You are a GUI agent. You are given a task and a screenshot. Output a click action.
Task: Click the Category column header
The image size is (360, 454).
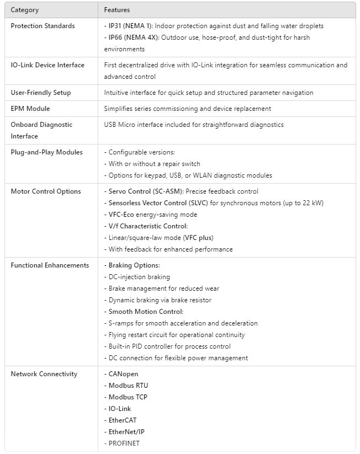[25, 10]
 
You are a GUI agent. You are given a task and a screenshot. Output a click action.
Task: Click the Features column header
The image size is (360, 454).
[117, 10]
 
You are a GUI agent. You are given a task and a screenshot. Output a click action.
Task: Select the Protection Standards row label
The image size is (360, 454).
[43, 26]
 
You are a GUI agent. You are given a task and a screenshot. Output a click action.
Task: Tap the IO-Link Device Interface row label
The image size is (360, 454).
[47, 65]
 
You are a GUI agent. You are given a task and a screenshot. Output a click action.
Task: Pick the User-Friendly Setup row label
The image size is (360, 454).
[41, 93]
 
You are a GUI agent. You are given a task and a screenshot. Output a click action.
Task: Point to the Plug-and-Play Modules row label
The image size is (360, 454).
[46, 152]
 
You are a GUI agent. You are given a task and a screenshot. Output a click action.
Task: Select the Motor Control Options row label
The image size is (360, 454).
[46, 191]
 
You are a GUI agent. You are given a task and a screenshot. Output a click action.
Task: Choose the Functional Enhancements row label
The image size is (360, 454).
[50, 265]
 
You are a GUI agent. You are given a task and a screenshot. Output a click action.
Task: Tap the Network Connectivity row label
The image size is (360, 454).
[44, 374]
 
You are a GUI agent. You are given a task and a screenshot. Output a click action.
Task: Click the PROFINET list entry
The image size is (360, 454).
[124, 443]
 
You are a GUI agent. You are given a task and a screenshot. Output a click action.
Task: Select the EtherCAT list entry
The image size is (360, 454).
[123, 420]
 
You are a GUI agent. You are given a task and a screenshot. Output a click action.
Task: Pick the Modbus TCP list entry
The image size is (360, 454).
[128, 397]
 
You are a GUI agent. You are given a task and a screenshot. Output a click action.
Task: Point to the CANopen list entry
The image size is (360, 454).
[124, 374]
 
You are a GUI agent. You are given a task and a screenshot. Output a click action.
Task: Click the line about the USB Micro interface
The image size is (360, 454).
[194, 125]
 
